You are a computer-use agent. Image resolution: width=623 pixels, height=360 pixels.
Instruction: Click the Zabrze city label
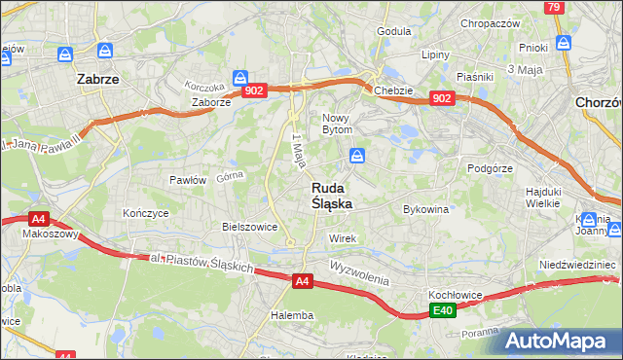[97, 81]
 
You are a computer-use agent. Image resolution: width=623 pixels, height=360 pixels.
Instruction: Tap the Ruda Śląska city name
[332, 197]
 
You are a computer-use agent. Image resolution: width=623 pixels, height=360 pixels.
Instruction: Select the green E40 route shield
[443, 310]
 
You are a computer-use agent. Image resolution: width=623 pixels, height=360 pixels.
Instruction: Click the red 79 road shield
[554, 7]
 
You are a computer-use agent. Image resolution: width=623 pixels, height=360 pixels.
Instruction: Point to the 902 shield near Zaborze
[255, 90]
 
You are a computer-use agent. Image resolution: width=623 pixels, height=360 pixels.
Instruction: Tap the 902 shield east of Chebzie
[442, 98]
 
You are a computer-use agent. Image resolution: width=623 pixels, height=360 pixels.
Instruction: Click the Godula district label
[394, 31]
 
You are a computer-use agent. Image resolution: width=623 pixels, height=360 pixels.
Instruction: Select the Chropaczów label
[493, 23]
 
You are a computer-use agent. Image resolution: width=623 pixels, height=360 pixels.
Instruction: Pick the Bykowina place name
[425, 208]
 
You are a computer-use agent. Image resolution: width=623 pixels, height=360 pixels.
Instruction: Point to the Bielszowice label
[250, 227]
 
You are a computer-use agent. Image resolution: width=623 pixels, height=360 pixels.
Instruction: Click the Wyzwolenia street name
[358, 271]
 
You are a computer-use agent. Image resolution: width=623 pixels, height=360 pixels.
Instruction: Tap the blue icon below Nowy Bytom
[358, 155]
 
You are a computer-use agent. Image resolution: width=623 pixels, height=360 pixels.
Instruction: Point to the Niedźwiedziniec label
[578, 265]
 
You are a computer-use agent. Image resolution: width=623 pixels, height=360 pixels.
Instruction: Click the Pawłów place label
[188, 180]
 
